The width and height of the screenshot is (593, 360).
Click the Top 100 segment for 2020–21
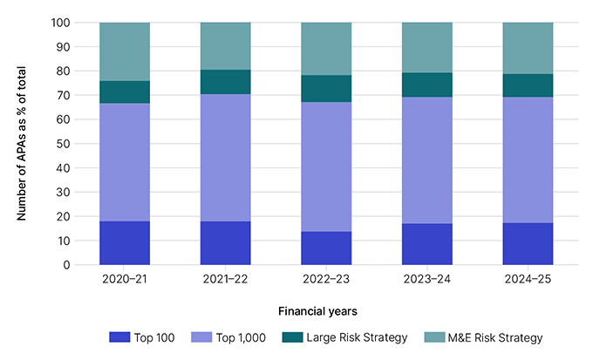click(x=125, y=243)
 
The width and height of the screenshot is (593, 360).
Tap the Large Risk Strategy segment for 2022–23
click(x=326, y=89)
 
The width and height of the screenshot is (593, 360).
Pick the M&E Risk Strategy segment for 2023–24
click(x=426, y=48)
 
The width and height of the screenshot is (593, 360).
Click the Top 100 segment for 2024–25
click(x=528, y=244)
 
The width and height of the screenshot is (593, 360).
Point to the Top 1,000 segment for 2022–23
click(x=326, y=166)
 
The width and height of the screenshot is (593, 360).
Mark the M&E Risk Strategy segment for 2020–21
click(x=125, y=52)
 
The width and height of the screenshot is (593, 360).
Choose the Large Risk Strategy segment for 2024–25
click(x=528, y=85)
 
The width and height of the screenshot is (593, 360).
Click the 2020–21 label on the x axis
click(x=125, y=282)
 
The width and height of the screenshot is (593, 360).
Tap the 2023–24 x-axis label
click(x=426, y=282)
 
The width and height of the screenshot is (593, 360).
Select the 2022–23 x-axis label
click(x=326, y=282)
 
